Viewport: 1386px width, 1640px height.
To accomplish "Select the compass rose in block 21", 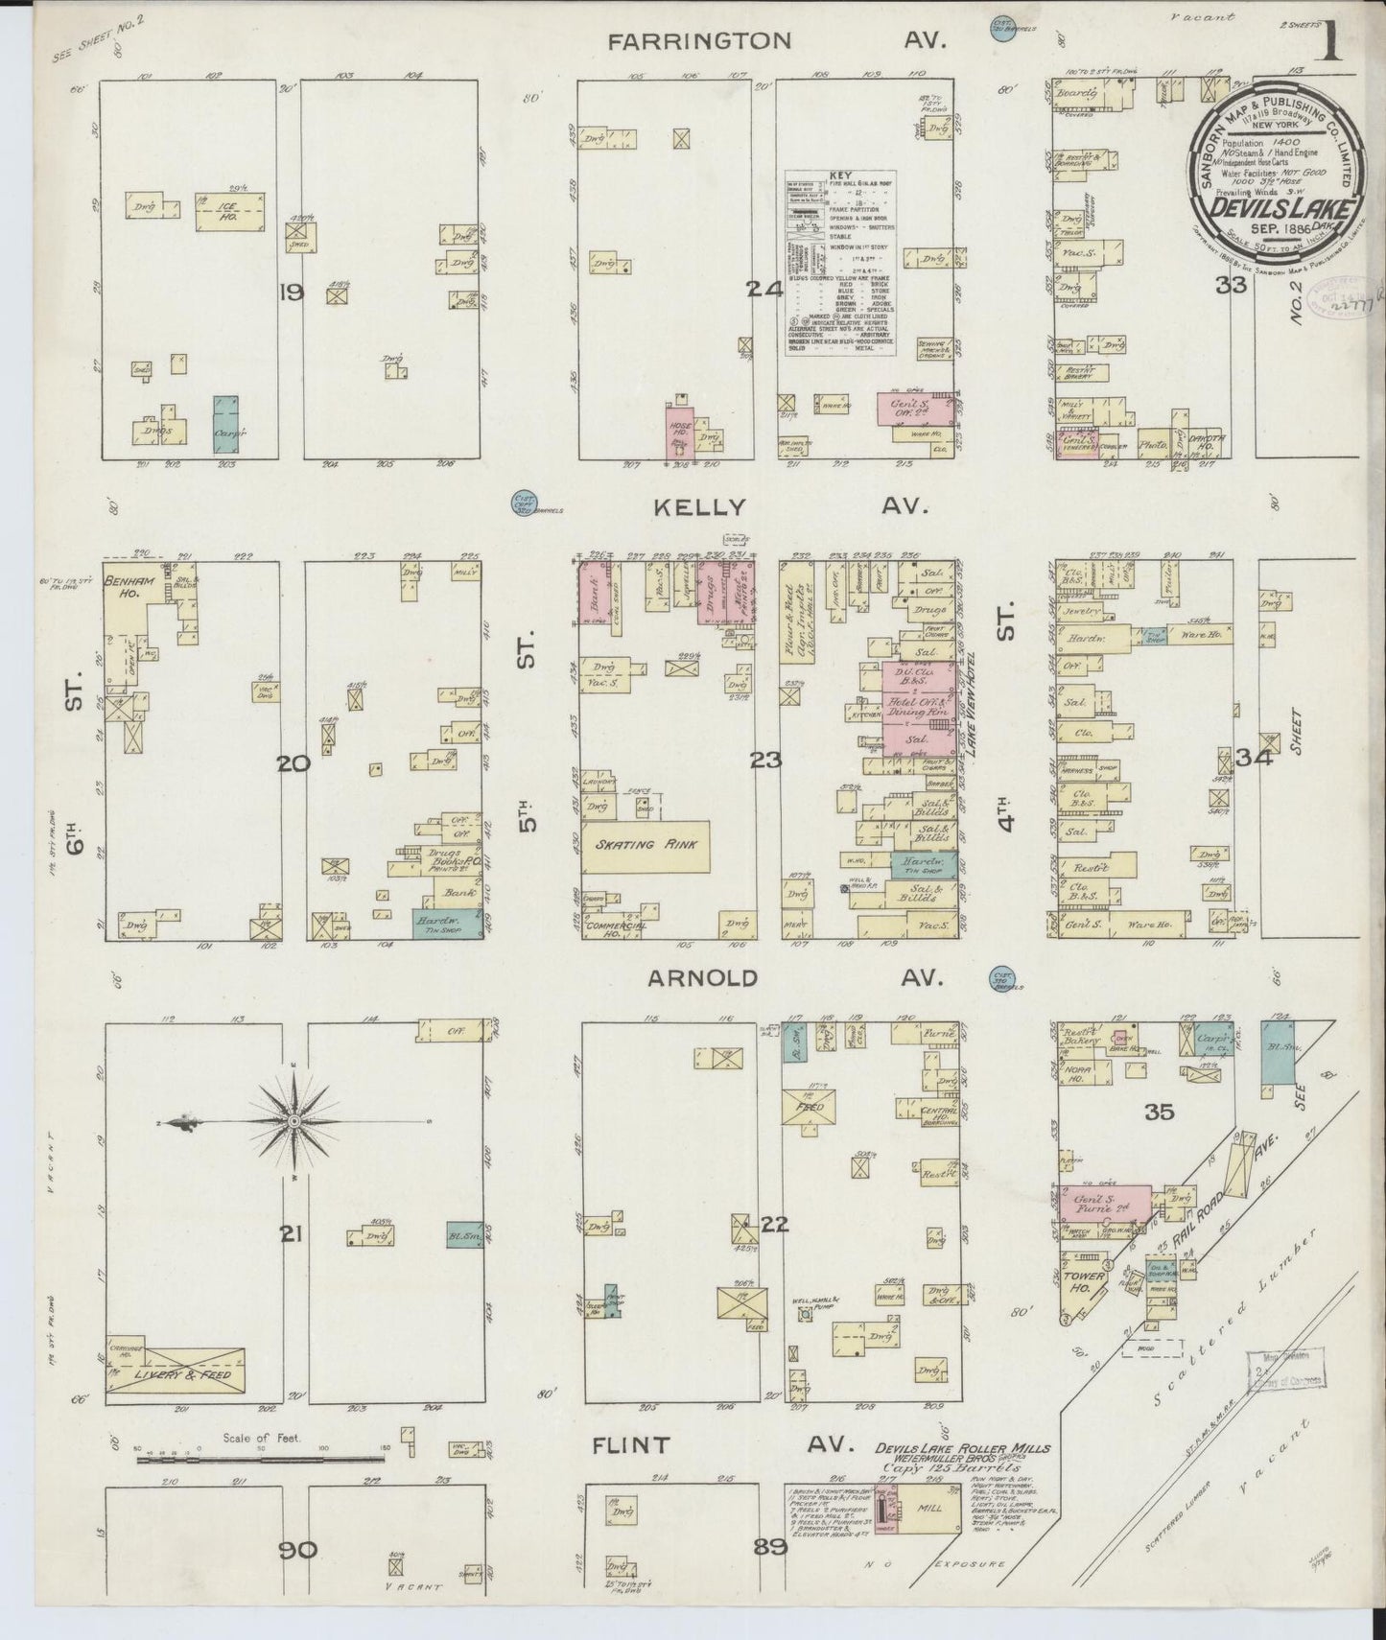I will [294, 1121].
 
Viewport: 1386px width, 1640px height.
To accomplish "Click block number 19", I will [291, 292].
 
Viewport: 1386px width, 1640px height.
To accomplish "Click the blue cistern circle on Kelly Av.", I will [525, 504].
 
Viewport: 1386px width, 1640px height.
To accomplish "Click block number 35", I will [1158, 1113].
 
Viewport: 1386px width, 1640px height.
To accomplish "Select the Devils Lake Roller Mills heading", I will [962, 1449].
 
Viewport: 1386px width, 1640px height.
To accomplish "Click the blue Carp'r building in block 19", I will [226, 424].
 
